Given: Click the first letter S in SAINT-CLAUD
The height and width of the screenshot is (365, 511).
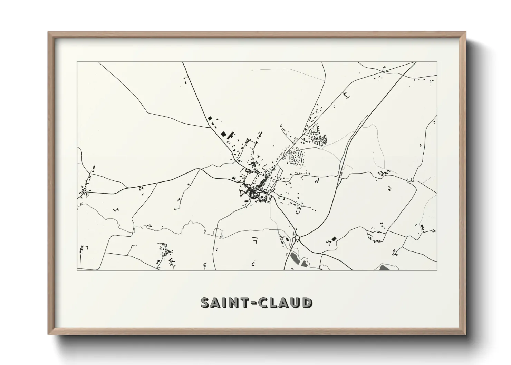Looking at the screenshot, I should (206, 303).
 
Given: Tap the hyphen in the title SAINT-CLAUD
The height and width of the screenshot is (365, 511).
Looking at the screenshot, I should (256, 303).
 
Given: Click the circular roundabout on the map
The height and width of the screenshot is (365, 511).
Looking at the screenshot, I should (297, 238).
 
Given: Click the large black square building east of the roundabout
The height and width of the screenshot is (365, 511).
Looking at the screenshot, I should (334, 239).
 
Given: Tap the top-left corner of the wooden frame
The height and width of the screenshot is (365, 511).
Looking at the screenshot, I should (49, 32).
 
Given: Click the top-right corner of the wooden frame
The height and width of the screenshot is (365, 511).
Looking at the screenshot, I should (465, 32).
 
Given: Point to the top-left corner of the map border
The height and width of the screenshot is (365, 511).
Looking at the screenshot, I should (77, 62).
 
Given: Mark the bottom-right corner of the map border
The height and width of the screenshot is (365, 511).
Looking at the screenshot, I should (437, 270).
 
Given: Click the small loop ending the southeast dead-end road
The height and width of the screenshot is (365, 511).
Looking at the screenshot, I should (395, 253).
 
